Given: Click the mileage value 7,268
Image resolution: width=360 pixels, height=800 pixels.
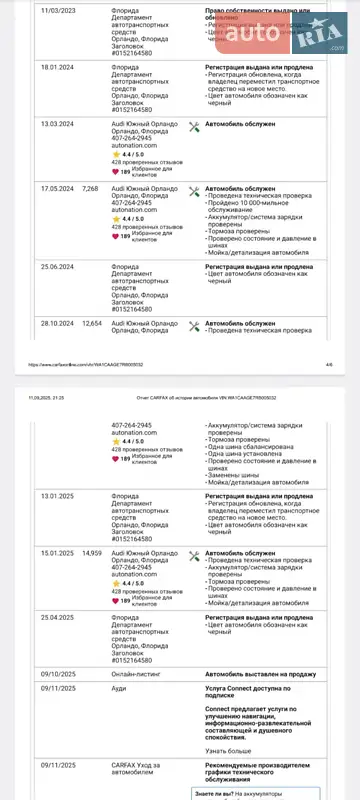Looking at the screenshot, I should point(91,187).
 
